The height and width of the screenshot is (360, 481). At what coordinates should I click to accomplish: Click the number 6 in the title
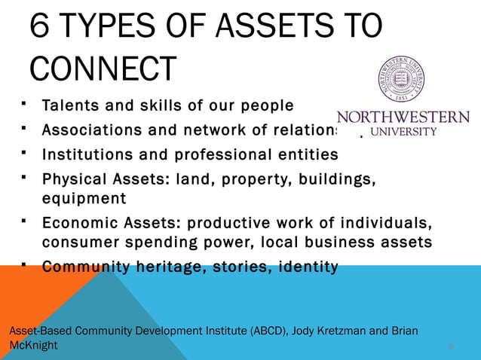click(x=41, y=28)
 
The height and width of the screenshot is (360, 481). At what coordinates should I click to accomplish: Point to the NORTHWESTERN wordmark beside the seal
click(x=403, y=118)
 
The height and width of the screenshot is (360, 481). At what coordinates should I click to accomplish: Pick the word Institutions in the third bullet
click(x=91, y=154)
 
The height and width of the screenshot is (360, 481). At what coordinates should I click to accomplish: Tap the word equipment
click(x=84, y=198)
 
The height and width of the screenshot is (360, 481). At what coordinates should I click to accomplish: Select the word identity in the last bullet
click(x=307, y=267)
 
